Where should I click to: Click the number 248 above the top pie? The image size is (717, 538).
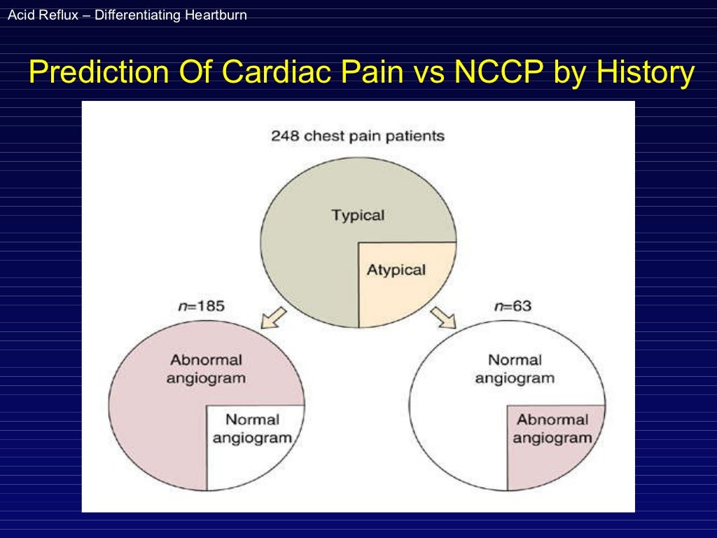[x=284, y=136]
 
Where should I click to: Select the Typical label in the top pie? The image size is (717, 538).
[x=358, y=215]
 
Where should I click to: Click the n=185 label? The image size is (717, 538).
[x=202, y=306]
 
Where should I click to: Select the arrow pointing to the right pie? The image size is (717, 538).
[x=443, y=317]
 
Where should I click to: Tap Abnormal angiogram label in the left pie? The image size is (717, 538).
[x=206, y=368]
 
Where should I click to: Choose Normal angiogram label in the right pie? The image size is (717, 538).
[x=514, y=368]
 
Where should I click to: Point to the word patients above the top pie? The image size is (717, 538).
[x=413, y=136]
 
